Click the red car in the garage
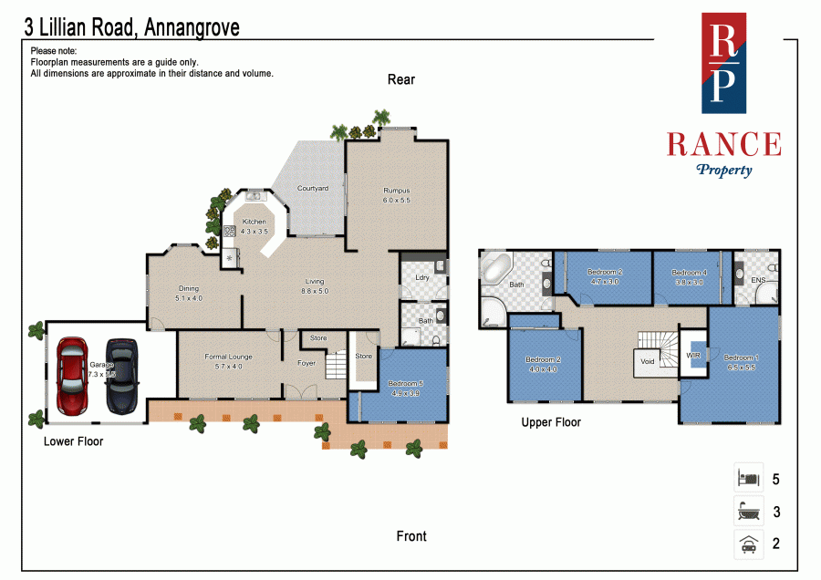pyautogui.click(x=72, y=376)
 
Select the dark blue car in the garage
pyautogui.click(x=120, y=376)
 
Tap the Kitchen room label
pyautogui.click(x=254, y=222)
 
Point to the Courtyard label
pyautogui.click(x=313, y=188)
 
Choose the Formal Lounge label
pyautogui.click(x=228, y=357)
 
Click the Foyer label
pyautogui.click(x=306, y=362)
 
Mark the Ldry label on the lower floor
pyautogui.click(x=421, y=277)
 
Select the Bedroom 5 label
pyautogui.click(x=406, y=384)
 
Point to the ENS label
pyautogui.click(x=757, y=281)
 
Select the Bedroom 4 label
pyautogui.click(x=689, y=273)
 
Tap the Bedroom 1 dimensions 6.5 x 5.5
pyautogui.click(x=740, y=368)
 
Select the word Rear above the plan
pyautogui.click(x=401, y=79)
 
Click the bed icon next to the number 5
pyautogui.click(x=748, y=478)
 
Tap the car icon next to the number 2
pyautogui.click(x=748, y=544)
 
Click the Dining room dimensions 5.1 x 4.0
pyautogui.click(x=188, y=298)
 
